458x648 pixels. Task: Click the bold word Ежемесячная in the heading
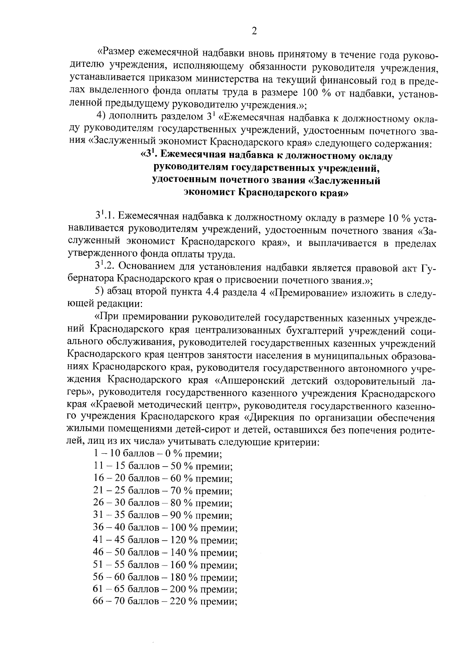click(192, 156)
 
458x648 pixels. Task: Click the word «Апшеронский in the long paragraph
click(250, 381)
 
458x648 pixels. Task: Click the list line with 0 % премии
click(158, 454)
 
